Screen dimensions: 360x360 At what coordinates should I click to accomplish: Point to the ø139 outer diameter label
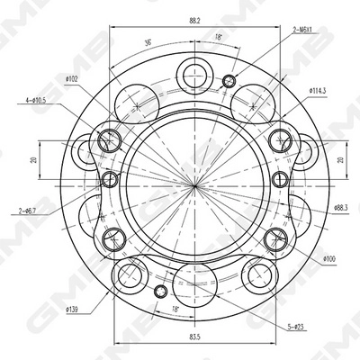[76, 310]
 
